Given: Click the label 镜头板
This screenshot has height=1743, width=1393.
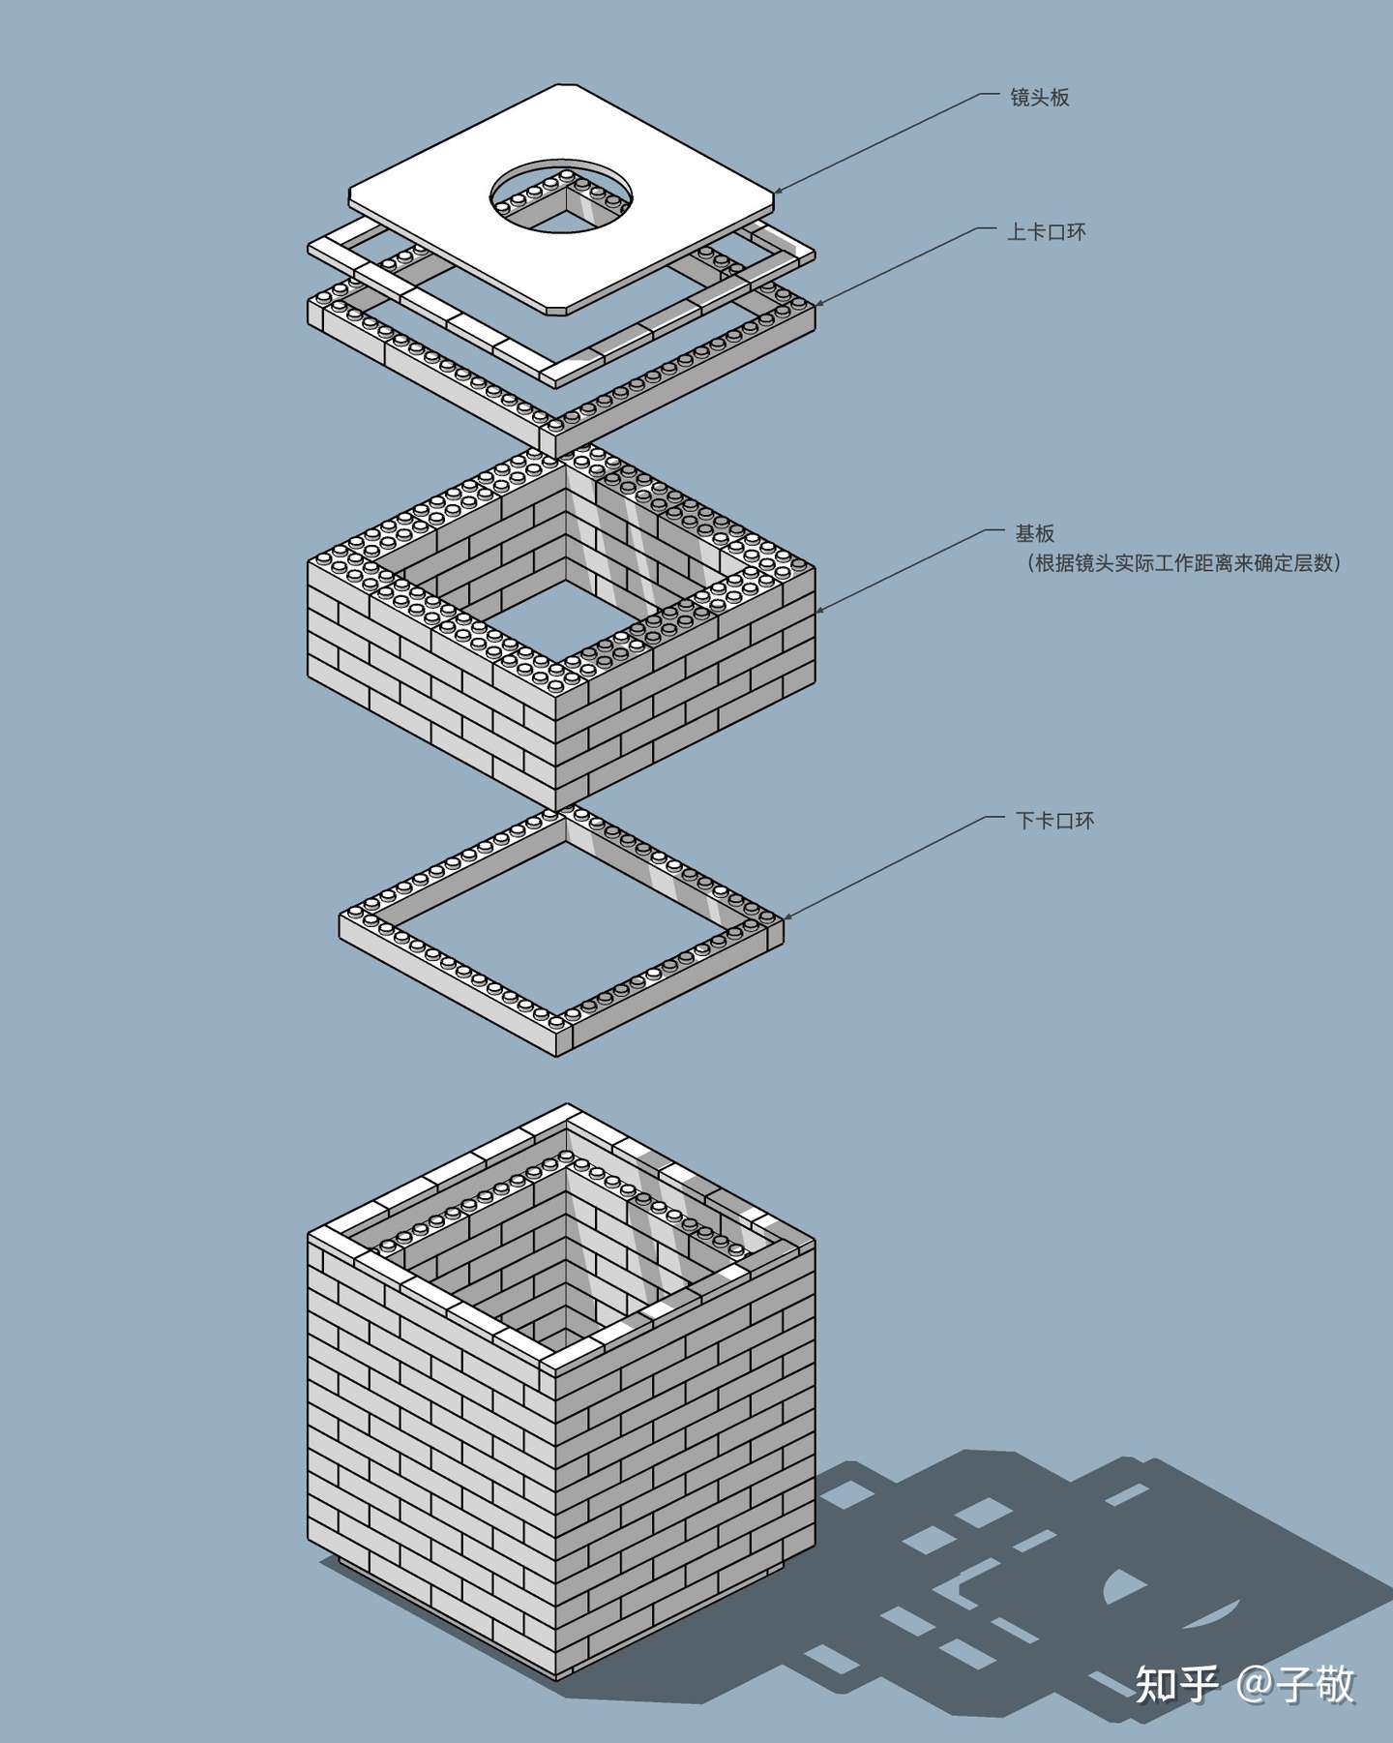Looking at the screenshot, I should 1039,98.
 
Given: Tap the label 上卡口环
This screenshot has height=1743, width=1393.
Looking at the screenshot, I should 1046,232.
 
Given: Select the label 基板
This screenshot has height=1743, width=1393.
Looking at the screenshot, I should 1034,533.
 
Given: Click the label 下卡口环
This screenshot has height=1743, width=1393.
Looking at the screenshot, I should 1054,821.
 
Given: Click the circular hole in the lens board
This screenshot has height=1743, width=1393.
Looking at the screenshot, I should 562,197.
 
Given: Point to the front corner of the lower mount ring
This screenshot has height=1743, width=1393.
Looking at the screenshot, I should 561,1036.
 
